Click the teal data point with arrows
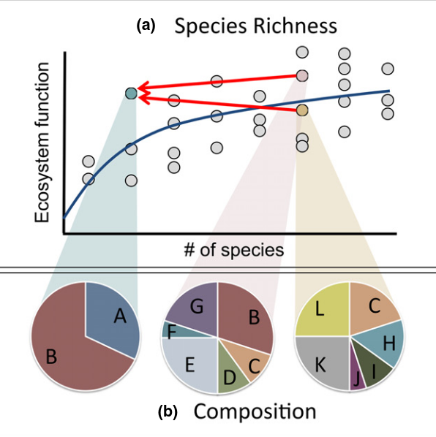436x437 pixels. pos(131,93)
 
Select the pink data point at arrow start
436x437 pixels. pos(302,75)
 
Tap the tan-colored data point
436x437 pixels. pos(302,110)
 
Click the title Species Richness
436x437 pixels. pos(255,26)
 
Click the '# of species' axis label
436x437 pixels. pos(234,249)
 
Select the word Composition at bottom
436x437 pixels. pos(255,411)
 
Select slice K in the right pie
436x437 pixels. pos(322,362)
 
